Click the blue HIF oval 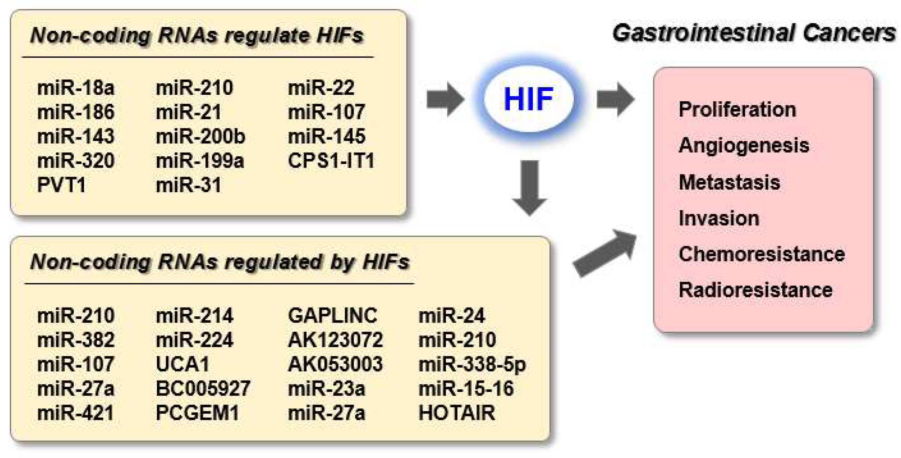(528, 99)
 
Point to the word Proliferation (737, 109)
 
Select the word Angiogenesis (744, 145)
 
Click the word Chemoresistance (762, 254)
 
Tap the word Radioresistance (755, 290)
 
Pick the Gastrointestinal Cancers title (754, 33)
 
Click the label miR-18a (76, 88)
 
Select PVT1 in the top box (61, 185)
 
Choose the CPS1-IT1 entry (331, 161)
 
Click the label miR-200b (200, 137)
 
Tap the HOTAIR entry (457, 413)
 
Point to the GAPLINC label (332, 316)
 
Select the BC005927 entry (203, 389)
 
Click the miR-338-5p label (472, 364)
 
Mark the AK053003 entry (335, 364)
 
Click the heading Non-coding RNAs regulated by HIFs (220, 262)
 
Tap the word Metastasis (729, 182)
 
